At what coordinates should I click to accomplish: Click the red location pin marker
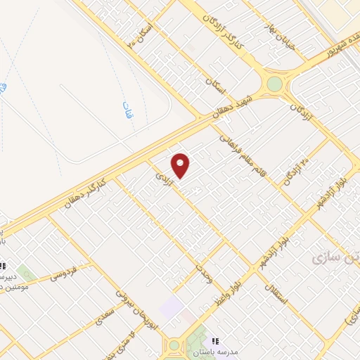181,165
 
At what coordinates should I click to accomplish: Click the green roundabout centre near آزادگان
274,84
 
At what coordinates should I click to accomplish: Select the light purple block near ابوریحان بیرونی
171,307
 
